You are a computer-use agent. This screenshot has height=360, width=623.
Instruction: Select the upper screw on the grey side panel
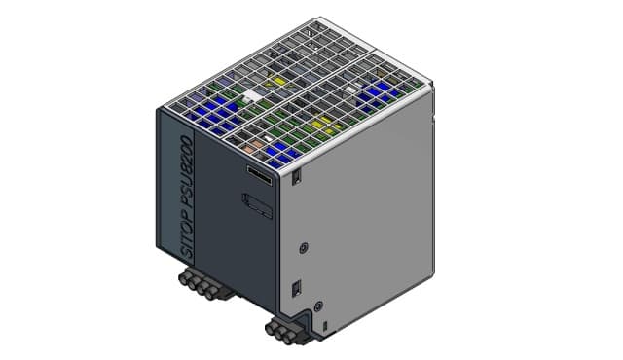click(x=304, y=248)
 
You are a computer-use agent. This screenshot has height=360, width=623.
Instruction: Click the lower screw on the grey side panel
click(x=318, y=306)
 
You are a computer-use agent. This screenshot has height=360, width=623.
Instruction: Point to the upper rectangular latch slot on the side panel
click(x=296, y=177)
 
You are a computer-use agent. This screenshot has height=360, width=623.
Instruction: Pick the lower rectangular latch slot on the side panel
click(x=296, y=289)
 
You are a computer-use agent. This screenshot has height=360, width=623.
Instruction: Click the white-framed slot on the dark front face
click(x=260, y=175)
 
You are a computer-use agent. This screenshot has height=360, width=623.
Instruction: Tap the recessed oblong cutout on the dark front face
click(x=257, y=205)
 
